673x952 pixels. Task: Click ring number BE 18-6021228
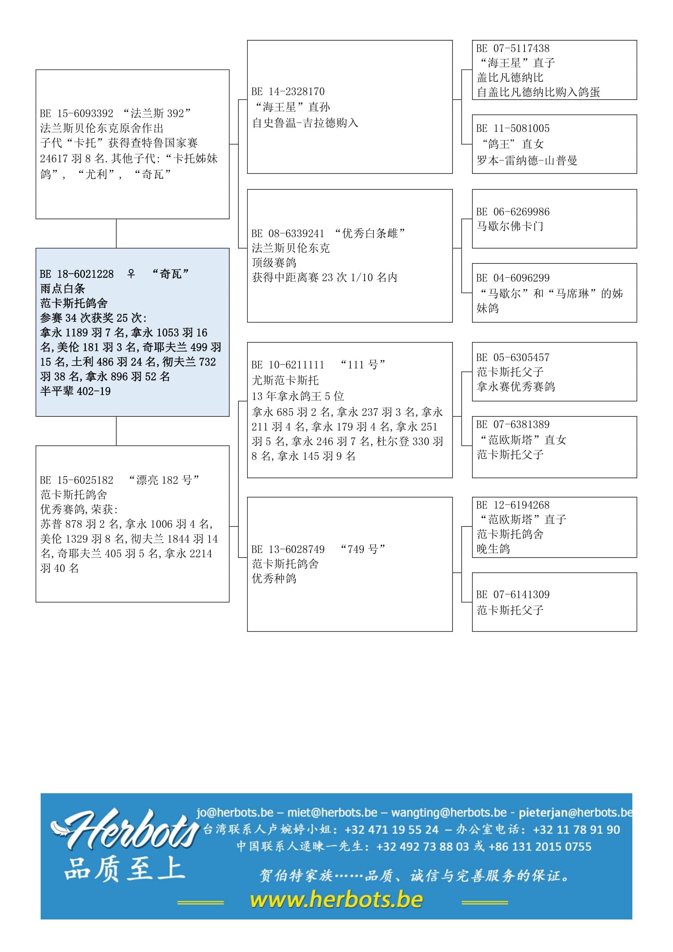pyautogui.click(x=76, y=274)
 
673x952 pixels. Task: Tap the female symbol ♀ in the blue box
pyautogui.click(x=131, y=274)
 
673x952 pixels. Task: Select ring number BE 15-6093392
pyautogui.click(x=76, y=113)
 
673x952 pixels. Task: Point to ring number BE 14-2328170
pyautogui.click(x=288, y=92)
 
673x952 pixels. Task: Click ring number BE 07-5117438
pyautogui.click(x=513, y=48)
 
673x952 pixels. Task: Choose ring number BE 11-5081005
pyautogui.click(x=513, y=128)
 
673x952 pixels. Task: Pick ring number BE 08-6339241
pyautogui.click(x=288, y=234)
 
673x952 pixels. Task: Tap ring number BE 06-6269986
pyautogui.click(x=513, y=212)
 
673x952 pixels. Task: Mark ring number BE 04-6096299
pyautogui.click(x=513, y=278)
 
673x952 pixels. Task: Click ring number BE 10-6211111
pyautogui.click(x=288, y=365)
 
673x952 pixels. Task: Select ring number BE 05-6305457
pyautogui.click(x=513, y=357)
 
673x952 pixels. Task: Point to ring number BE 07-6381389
pyautogui.click(x=513, y=425)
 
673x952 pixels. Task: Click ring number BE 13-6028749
pyautogui.click(x=288, y=549)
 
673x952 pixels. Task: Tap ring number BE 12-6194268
pyautogui.click(x=513, y=505)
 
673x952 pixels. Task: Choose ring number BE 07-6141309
pyautogui.click(x=513, y=595)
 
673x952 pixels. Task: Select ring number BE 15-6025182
pyautogui.click(x=76, y=480)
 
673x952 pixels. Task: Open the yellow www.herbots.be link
pyautogui.click(x=336, y=900)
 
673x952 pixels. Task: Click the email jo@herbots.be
pyautogui.click(x=235, y=812)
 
